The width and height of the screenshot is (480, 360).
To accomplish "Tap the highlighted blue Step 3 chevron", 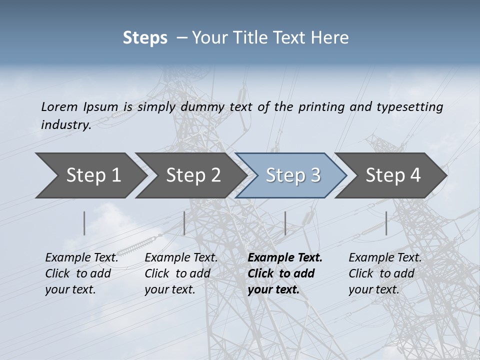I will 293,175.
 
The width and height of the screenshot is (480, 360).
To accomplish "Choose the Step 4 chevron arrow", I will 393,175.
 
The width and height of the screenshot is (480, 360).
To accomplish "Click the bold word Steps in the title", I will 145,38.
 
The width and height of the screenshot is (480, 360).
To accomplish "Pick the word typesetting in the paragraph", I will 407,106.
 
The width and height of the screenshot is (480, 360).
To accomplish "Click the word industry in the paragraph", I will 65,124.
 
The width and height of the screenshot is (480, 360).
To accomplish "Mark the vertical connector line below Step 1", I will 84,223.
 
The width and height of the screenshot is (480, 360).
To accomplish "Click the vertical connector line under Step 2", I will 184,223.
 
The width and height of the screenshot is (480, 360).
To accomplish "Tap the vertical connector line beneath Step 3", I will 285,223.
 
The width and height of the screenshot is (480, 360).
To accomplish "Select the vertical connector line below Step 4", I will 386,223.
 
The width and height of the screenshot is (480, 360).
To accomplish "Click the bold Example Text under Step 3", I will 285,258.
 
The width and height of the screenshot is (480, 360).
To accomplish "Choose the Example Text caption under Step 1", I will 81,258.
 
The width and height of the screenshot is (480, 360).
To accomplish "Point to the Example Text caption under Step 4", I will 385,258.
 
